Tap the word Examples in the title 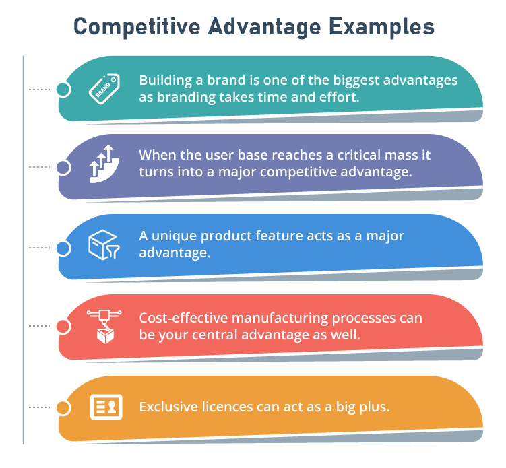coord(381,27)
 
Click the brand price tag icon coord(104,89)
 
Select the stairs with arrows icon coord(104,164)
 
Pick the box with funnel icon coord(104,245)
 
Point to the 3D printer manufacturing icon coord(104,327)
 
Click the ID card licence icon coord(106,407)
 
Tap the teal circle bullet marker coord(63,90)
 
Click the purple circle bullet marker coord(63,168)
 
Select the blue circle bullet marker coord(63,248)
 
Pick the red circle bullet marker coord(63,326)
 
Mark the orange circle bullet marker coord(63,407)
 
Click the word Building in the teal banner coord(166,81)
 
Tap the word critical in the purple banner coord(358,155)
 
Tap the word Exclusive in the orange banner coord(168,407)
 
